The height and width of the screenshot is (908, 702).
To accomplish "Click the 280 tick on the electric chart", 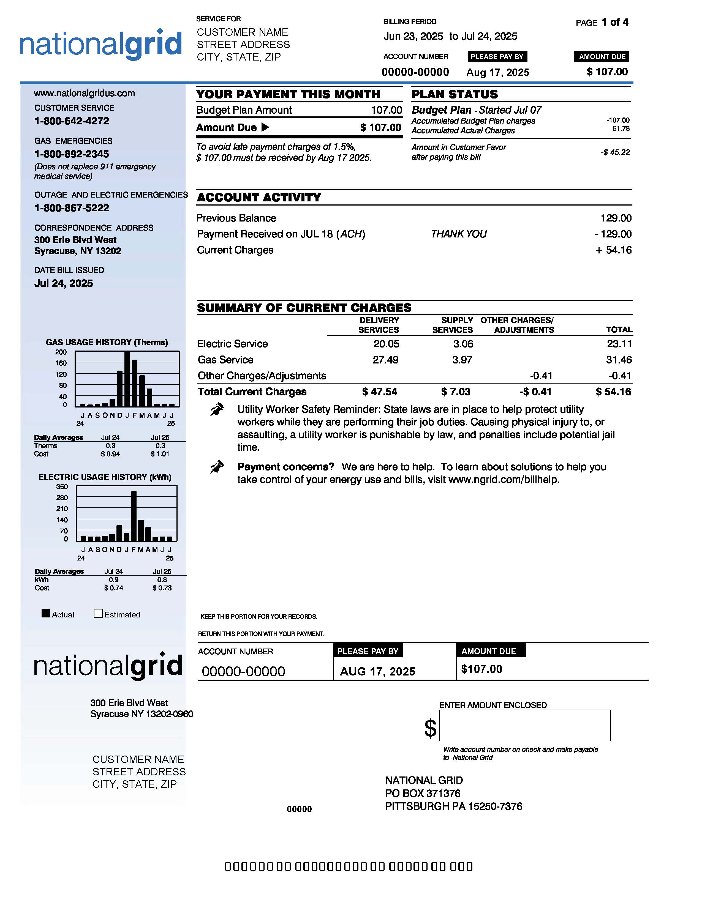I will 62,498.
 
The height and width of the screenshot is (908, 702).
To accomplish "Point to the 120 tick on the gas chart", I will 61,374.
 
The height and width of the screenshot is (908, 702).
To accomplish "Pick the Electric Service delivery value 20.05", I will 386,344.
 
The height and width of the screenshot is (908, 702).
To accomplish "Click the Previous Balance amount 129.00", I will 616,218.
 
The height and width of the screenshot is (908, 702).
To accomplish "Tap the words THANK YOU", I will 458,234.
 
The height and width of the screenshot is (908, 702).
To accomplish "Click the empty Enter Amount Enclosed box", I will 524,725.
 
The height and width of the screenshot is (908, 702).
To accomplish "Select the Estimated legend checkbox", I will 98,613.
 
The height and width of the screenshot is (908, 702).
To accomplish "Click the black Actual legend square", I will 46,613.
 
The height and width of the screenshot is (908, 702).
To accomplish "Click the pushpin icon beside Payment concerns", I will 217,467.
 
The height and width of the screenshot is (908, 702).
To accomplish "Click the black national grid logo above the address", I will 108,665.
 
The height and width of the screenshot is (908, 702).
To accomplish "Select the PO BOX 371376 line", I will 423,793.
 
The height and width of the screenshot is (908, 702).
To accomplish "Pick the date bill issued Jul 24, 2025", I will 64,283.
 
